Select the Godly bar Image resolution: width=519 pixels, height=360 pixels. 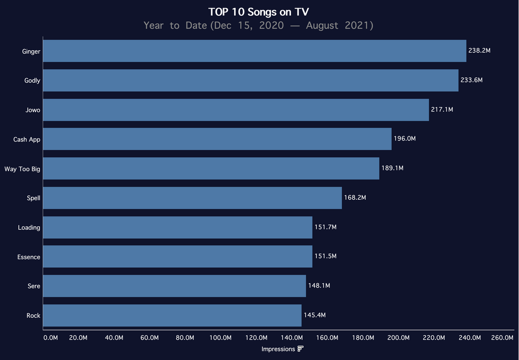point(251,81)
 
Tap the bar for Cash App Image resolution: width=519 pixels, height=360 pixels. point(217,139)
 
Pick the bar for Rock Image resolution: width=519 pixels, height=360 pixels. point(172,315)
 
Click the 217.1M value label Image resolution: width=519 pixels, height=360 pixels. point(442,110)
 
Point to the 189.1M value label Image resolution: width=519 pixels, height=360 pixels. point(392,168)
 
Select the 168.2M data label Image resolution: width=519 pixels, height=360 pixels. point(355,198)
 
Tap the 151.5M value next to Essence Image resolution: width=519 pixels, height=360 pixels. point(325,257)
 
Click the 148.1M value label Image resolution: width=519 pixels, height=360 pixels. point(319,286)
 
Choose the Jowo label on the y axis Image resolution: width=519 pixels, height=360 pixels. point(33,110)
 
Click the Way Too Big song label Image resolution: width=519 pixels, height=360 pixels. point(22,169)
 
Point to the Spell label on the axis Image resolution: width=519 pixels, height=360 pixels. point(33,198)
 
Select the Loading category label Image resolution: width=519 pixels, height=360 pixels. point(29,228)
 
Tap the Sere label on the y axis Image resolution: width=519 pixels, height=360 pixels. point(34,286)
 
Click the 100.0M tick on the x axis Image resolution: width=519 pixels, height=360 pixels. point(220,338)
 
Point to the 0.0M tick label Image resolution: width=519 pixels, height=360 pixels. point(51,338)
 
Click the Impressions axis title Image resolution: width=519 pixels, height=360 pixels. point(278,349)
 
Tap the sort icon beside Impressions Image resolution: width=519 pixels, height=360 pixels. point(301,349)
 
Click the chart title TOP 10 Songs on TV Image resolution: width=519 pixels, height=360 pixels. point(258,12)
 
